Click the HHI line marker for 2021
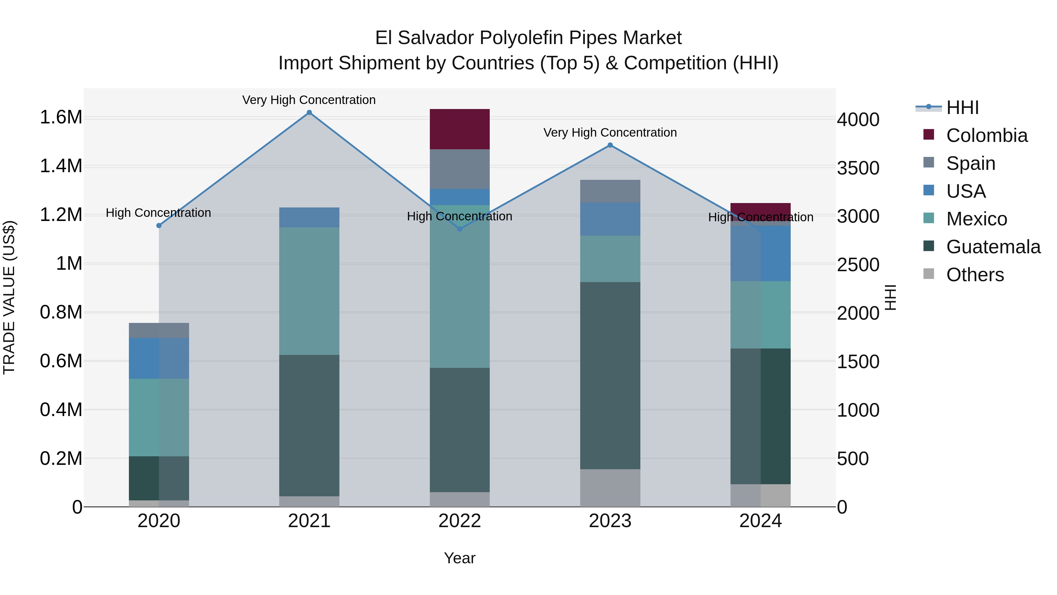tap(309, 113)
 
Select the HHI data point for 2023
tap(610, 145)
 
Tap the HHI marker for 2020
tap(159, 225)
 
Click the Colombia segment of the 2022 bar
tap(460, 129)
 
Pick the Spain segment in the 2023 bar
tap(610, 191)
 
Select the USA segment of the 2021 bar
tap(309, 217)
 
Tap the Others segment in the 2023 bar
tap(610, 488)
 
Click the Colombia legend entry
tap(987, 135)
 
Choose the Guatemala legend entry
tap(993, 247)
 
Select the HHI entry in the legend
tap(962, 108)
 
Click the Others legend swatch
tap(929, 274)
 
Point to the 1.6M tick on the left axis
tap(61, 118)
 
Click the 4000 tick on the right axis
tap(858, 120)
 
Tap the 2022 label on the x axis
tap(460, 521)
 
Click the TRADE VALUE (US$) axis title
tap(9, 297)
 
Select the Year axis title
tap(460, 558)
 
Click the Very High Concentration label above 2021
tap(309, 100)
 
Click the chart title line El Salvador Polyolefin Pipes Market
tap(528, 38)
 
